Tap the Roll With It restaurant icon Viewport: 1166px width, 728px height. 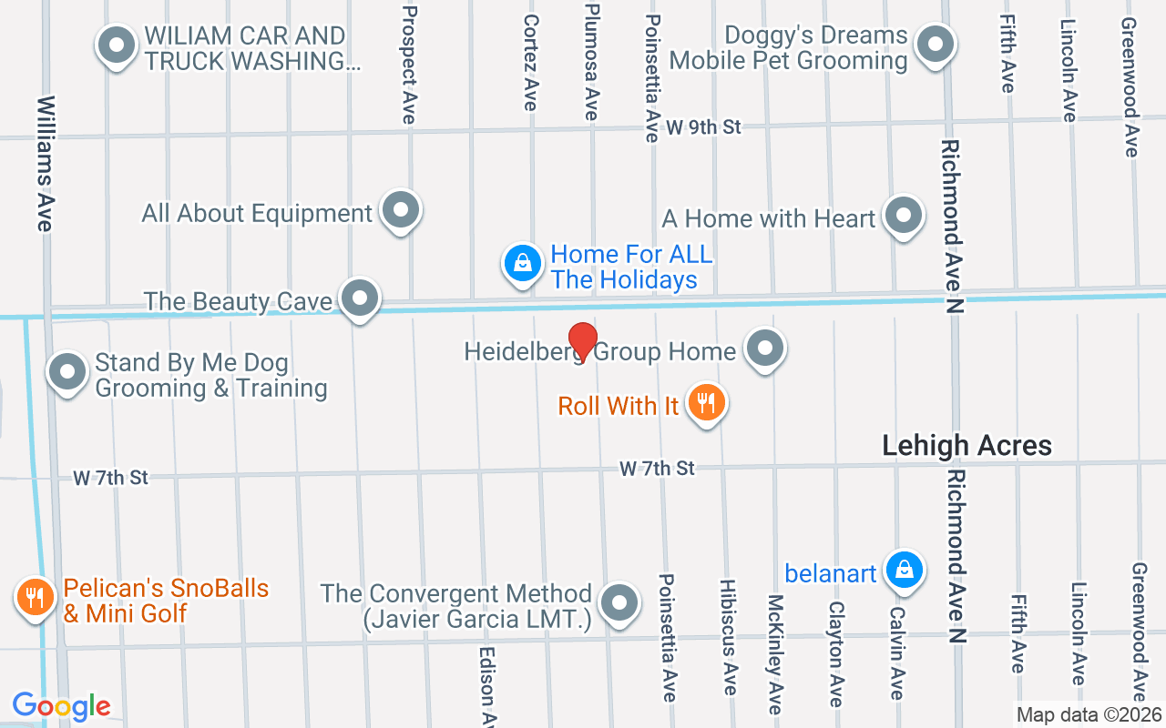(x=706, y=401)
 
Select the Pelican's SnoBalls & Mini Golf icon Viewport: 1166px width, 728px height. (x=34, y=597)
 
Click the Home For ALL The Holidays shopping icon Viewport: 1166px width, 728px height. (x=522, y=263)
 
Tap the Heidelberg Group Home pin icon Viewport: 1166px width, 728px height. (x=765, y=349)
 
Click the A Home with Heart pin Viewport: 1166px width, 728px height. (x=904, y=216)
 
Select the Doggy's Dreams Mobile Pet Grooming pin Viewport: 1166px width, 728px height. (x=934, y=44)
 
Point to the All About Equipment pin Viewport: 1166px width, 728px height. (x=400, y=210)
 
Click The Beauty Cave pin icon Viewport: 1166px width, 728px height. (x=360, y=298)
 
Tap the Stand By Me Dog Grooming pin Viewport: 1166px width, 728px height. (x=66, y=371)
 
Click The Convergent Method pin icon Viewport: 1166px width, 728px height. (x=620, y=602)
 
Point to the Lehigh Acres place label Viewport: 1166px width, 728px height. (x=967, y=445)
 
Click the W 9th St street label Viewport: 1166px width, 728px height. (x=703, y=126)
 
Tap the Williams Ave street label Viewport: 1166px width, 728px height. (x=46, y=163)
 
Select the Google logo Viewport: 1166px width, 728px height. (x=61, y=706)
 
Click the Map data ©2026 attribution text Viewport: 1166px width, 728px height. (x=1089, y=715)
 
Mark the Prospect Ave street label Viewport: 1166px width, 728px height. (x=409, y=64)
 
